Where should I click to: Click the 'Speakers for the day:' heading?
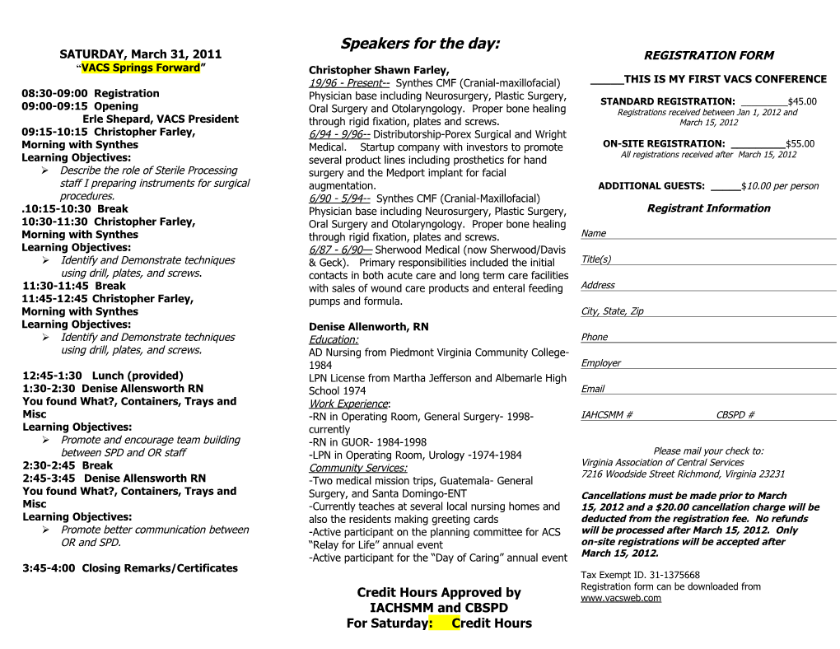coord(420,44)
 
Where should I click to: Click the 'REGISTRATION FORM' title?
coord(708,56)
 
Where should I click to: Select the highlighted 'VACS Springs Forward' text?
coord(140,68)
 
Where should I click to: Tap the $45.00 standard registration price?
coord(802,102)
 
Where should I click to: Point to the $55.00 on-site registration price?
coord(800,143)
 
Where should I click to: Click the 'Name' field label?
coord(593,234)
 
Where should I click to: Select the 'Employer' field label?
coord(600,363)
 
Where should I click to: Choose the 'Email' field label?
coord(592,389)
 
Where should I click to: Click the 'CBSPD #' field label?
coord(735,415)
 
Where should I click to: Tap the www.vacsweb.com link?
coord(621,598)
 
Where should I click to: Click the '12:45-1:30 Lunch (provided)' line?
coord(103,376)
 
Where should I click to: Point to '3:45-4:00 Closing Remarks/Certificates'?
coord(129,568)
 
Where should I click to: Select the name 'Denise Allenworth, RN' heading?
coord(368,327)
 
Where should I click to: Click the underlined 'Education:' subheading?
coord(334,340)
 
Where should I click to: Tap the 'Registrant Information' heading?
coord(708,208)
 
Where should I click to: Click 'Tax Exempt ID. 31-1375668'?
coord(640,575)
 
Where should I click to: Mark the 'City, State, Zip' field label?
coord(612,311)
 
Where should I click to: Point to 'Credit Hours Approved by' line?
coord(439,592)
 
